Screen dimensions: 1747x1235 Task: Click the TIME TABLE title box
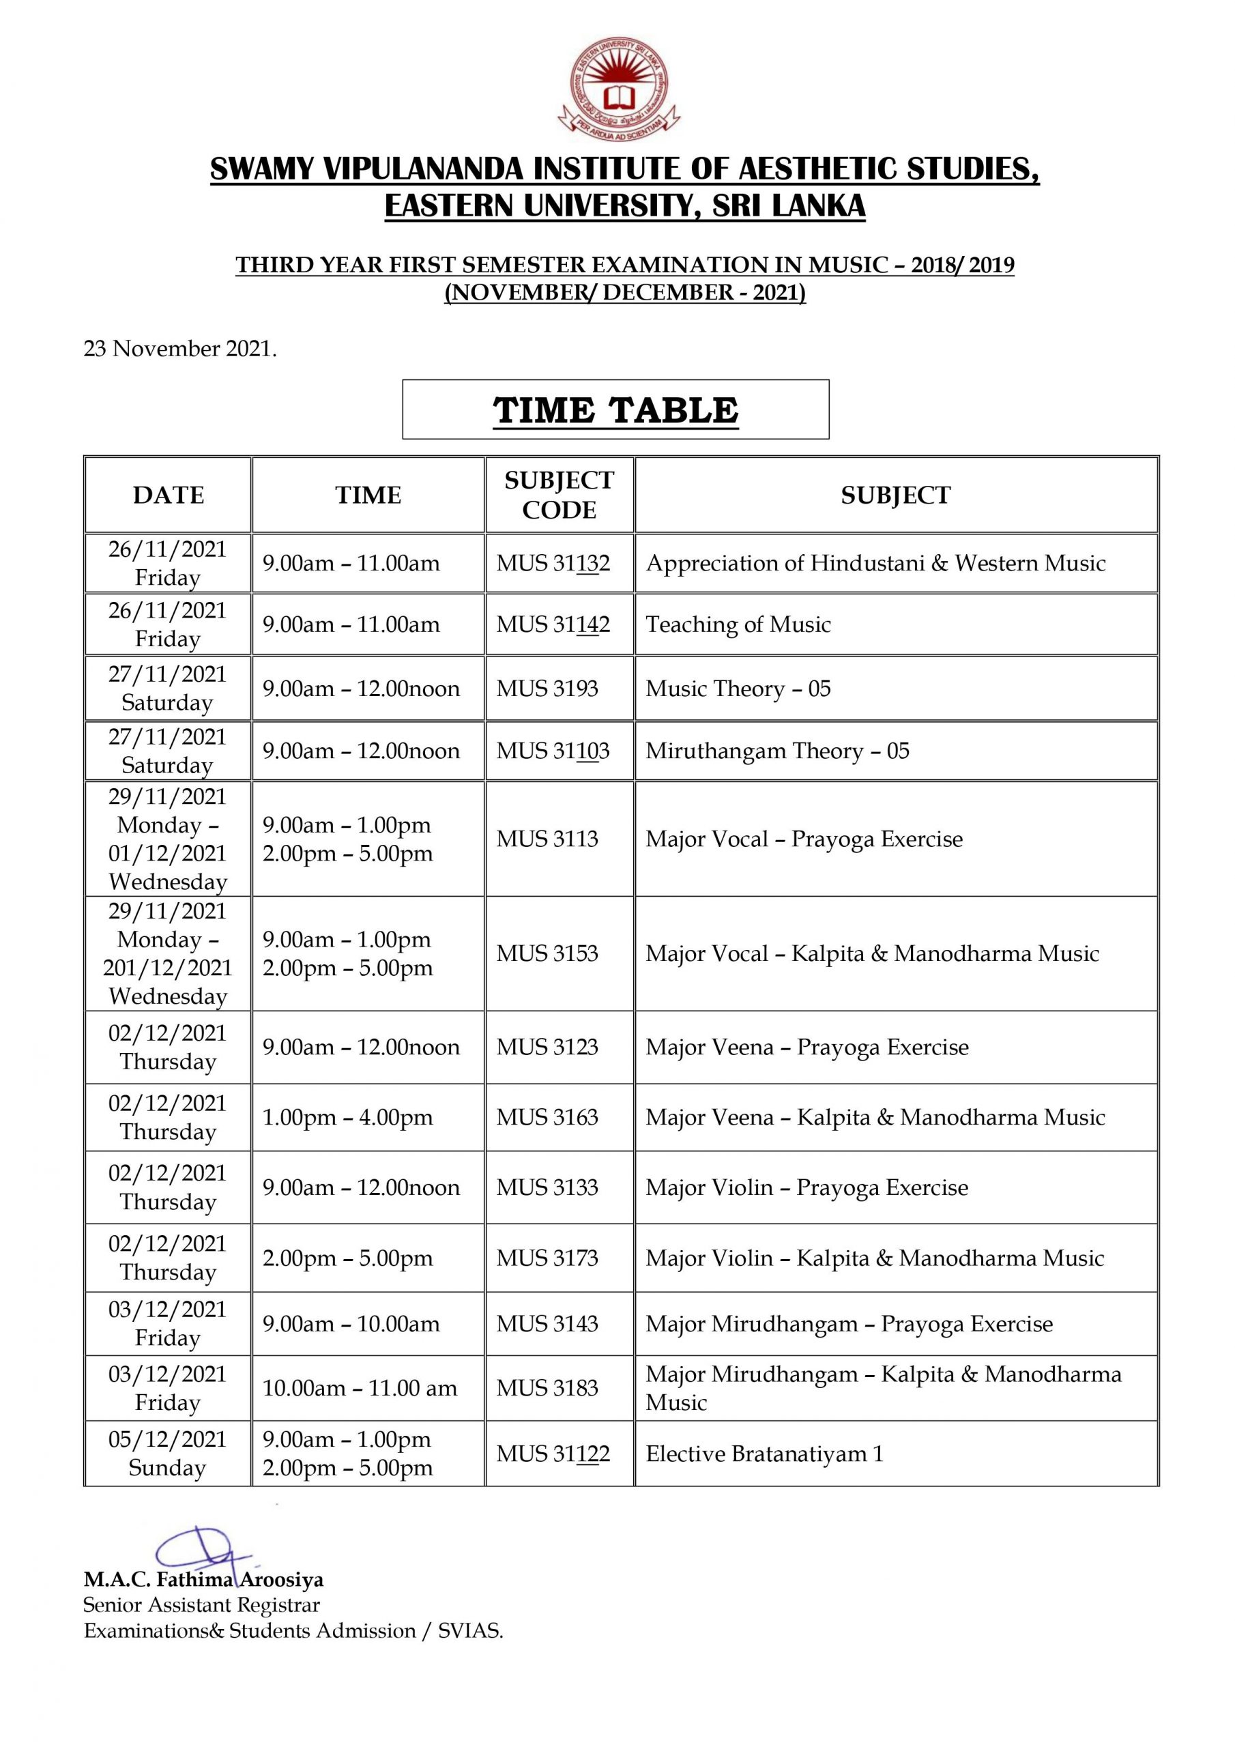click(615, 409)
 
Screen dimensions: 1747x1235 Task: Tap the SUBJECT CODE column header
click(560, 495)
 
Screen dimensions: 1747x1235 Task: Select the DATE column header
click(168, 495)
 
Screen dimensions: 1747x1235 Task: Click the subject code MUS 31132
click(553, 563)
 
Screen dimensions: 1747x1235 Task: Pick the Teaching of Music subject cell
click(738, 624)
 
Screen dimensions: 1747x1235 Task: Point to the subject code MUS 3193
click(547, 689)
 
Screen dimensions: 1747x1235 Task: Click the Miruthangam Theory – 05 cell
click(777, 751)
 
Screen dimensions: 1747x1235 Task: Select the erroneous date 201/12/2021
click(167, 968)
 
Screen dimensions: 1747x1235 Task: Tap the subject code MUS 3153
click(547, 953)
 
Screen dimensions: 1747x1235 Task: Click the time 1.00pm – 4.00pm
click(347, 1117)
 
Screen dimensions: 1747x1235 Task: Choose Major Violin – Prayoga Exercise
click(807, 1187)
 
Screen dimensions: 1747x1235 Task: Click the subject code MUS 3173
click(547, 1258)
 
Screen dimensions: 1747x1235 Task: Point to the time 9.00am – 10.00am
click(351, 1323)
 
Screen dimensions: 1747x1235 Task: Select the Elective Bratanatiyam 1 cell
click(764, 1454)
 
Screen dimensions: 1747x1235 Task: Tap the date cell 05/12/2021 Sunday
click(167, 1454)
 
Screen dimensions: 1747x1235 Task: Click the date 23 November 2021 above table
click(180, 349)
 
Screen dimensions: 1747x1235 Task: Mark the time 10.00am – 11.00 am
click(359, 1388)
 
